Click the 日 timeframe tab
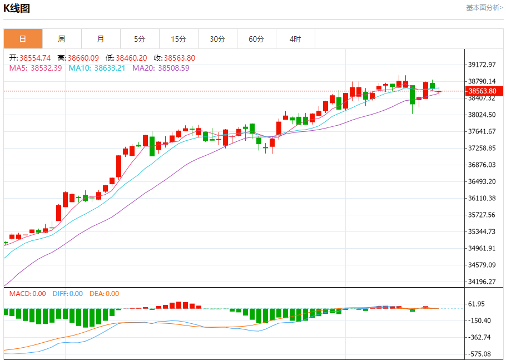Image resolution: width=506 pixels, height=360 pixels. pyautogui.click(x=23, y=39)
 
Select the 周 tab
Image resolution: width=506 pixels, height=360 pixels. pyautogui.click(x=62, y=39)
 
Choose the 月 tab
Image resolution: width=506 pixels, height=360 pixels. pyautogui.click(x=101, y=39)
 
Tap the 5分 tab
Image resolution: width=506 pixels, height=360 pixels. pyautogui.click(x=140, y=39)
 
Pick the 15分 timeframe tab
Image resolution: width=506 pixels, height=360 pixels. pyautogui.click(x=178, y=39)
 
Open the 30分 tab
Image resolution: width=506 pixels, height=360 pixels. pyautogui.click(x=217, y=39)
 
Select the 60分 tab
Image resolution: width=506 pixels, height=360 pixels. pyautogui.click(x=256, y=39)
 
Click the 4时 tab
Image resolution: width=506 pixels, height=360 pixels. pyautogui.click(x=295, y=39)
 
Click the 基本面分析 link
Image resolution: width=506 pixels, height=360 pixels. pyautogui.click(x=484, y=8)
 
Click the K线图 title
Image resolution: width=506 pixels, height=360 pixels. pyautogui.click(x=17, y=8)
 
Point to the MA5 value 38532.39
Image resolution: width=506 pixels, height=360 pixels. pyautogui.click(x=46, y=68)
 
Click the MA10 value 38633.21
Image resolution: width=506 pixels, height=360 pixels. pyautogui.click(x=110, y=68)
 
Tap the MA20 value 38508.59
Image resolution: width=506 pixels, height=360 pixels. pyautogui.click(x=173, y=68)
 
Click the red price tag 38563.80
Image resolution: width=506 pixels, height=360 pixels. pyautogui.click(x=483, y=91)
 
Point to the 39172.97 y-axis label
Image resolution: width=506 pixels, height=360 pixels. pyautogui.click(x=482, y=65)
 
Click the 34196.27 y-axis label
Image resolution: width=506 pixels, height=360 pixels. pyautogui.click(x=482, y=282)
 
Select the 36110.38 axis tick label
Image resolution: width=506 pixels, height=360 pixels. pyautogui.click(x=482, y=198)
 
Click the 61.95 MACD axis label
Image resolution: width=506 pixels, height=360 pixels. pyautogui.click(x=477, y=304)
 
